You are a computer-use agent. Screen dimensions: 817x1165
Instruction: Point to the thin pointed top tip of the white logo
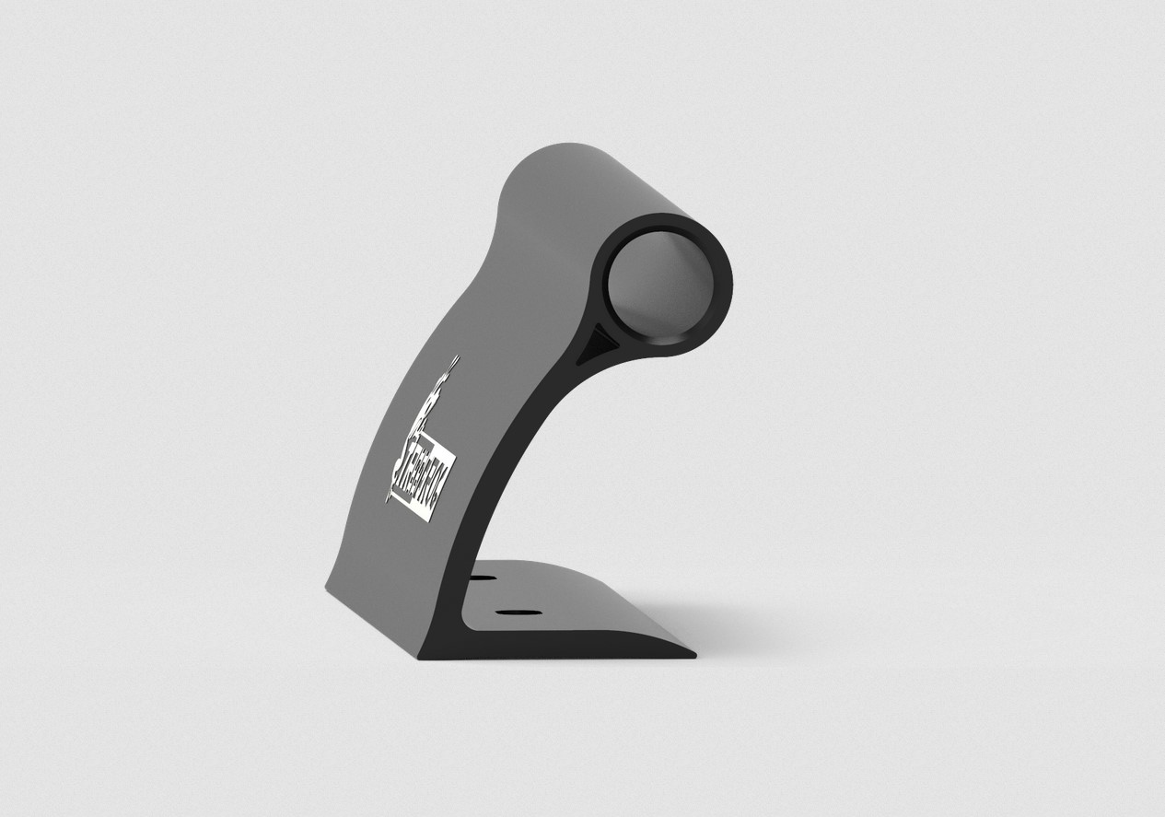[455, 356]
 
